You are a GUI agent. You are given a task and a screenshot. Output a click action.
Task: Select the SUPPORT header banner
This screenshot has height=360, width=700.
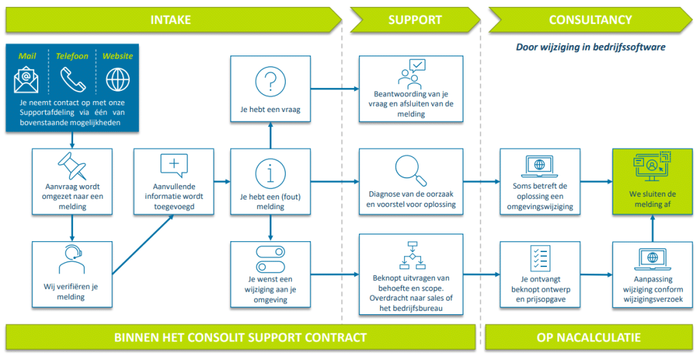pos(415,20)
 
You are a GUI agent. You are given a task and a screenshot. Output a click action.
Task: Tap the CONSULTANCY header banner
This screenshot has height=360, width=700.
pos(590,20)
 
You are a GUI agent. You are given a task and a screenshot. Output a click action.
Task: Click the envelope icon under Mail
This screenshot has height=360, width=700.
pos(27,80)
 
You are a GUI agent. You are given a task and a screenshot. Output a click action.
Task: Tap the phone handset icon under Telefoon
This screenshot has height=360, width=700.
pos(72,80)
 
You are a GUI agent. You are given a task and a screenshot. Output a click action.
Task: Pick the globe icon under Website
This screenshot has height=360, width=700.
pos(117,80)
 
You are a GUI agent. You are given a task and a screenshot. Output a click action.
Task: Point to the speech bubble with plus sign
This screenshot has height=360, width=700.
pos(174,166)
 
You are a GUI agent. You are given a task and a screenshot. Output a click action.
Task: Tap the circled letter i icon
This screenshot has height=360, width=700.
pos(271,173)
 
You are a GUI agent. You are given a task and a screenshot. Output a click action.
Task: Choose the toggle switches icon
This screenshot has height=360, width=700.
pos(271,259)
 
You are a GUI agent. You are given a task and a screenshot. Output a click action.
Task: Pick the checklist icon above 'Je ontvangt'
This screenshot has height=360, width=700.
pos(540,258)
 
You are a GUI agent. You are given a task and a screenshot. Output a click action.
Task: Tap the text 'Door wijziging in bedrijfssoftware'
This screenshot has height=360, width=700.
pos(590,48)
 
